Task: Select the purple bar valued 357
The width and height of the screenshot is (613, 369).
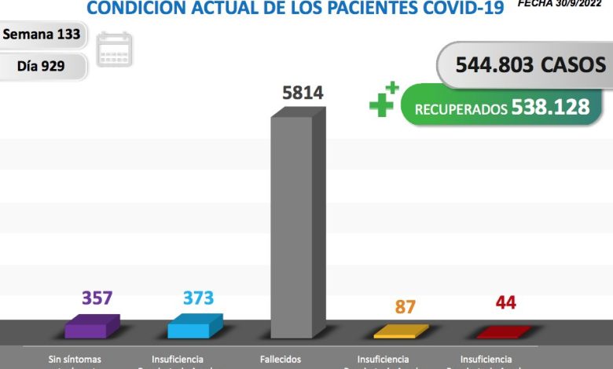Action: coord(92,327)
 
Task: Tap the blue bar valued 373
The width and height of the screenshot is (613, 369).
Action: coord(194,327)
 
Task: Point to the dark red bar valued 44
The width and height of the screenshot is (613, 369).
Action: coord(503,332)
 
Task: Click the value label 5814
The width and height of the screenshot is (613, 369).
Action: coord(303,93)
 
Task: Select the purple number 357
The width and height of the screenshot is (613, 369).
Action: coord(97,298)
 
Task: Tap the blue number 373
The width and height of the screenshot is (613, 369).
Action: coord(198,298)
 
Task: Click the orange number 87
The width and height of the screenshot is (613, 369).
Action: coord(405,306)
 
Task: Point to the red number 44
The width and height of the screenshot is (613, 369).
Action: coord(506,303)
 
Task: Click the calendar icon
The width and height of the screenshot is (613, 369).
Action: coord(115,49)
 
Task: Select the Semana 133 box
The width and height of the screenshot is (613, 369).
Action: coord(42,35)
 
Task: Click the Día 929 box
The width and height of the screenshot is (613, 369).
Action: coord(42,67)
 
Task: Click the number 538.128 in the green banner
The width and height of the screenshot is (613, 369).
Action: coord(550,107)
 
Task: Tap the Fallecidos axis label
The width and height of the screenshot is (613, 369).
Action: coord(281,359)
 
